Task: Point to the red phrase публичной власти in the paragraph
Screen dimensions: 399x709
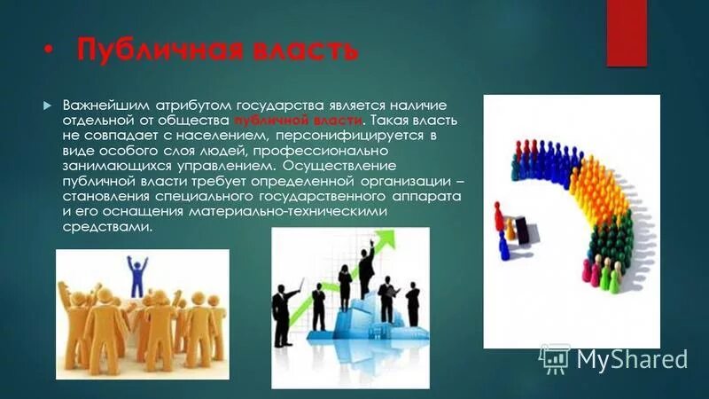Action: [299, 121]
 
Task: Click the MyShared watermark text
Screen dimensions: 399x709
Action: [632, 359]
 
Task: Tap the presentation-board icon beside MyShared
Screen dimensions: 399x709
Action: [555, 357]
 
